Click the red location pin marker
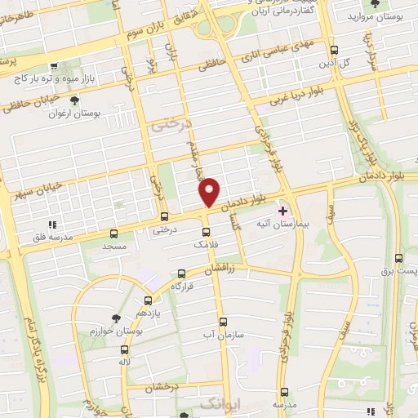[x=210, y=192]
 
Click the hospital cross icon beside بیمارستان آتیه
[x=284, y=210]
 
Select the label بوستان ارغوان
[x=96, y=113]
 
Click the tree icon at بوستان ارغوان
[x=74, y=101]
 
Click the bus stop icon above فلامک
[x=204, y=231]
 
